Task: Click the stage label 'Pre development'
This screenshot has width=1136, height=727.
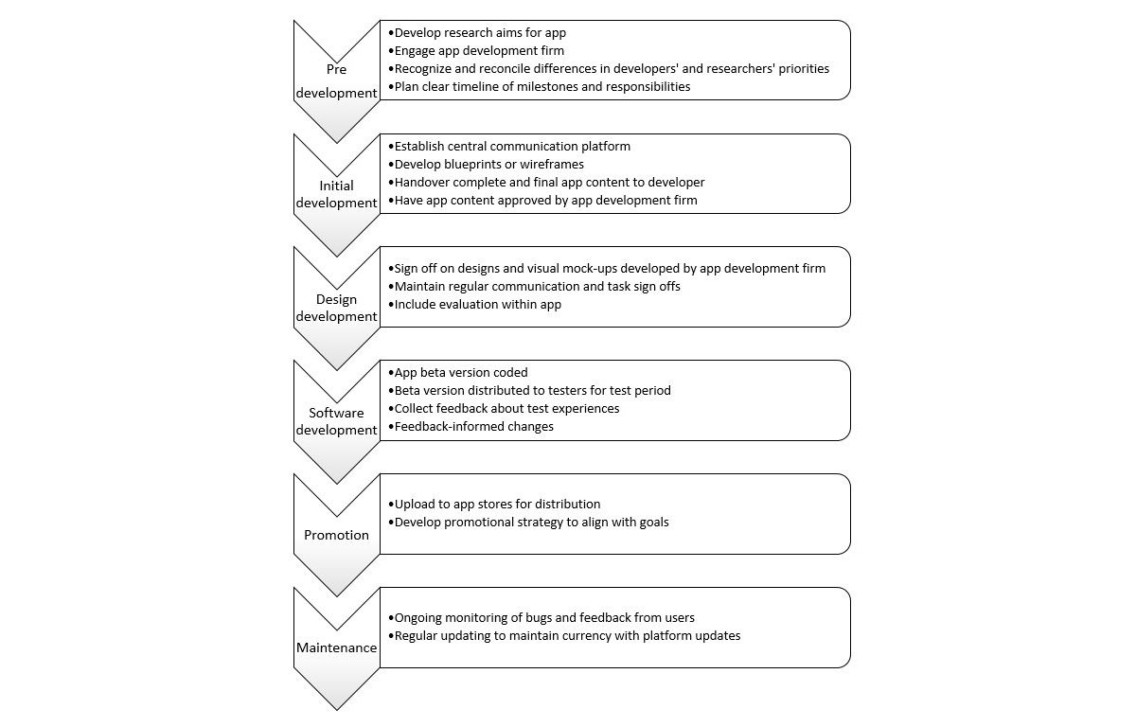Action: coord(336,81)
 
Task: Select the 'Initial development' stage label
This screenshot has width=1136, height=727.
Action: coord(336,194)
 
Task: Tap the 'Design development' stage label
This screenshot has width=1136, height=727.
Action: coord(336,308)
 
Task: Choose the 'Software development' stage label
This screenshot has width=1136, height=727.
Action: coord(336,421)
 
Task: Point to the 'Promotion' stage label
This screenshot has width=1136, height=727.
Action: coord(336,535)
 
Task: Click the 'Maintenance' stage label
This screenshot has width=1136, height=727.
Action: coord(336,648)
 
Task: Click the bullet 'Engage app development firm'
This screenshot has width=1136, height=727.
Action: coord(479,50)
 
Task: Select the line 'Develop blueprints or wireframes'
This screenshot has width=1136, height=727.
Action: coord(488,164)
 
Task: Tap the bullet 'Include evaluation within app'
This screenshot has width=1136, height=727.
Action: coord(477,304)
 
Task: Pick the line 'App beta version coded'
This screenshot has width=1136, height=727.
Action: coord(461,372)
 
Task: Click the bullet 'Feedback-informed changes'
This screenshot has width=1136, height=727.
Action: coord(473,426)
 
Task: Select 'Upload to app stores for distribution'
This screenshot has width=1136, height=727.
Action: coord(497,504)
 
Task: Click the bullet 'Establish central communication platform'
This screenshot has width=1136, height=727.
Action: coord(512,146)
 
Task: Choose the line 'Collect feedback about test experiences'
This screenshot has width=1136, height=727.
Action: coord(506,408)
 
